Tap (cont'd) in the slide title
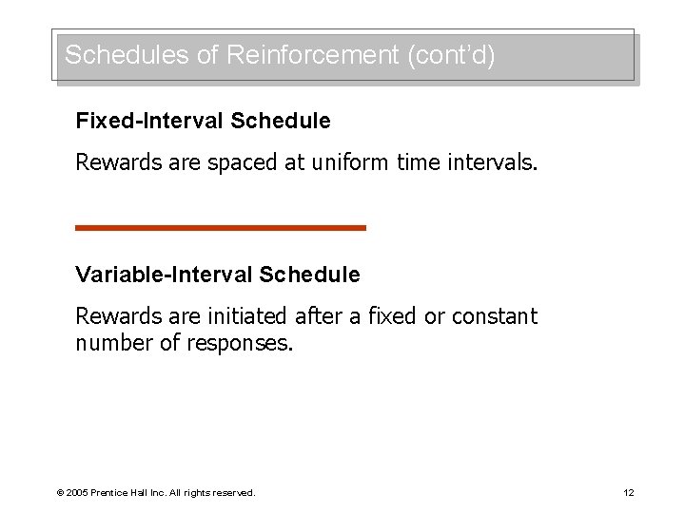(x=451, y=55)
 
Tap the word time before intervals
(x=419, y=162)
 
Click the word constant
(x=495, y=316)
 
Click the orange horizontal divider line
(x=221, y=228)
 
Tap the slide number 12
(x=628, y=492)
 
